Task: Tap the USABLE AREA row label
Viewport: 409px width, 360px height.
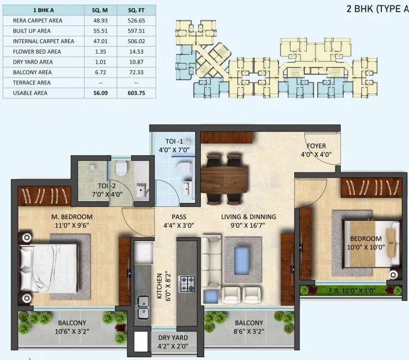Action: [30, 93]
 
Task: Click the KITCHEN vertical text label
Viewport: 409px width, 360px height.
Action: [159, 285]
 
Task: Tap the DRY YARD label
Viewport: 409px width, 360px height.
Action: [173, 337]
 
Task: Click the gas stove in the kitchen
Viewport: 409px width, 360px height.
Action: [187, 284]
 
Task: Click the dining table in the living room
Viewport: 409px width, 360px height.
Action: [225, 179]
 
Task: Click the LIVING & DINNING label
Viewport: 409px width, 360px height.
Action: [248, 217]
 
